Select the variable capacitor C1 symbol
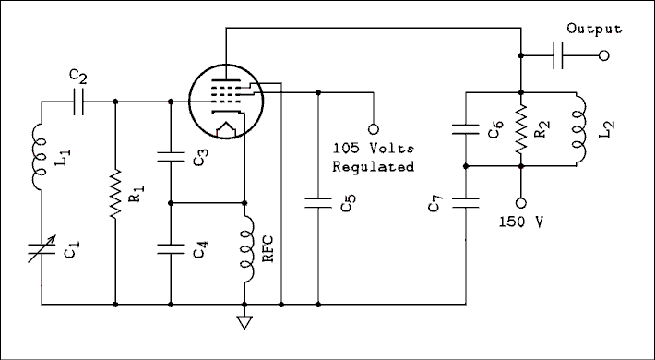[42, 246]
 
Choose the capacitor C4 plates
[171, 246]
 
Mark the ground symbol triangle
[244, 322]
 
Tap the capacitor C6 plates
[466, 129]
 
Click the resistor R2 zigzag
[522, 129]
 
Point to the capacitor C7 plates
[466, 201]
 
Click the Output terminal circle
[604, 56]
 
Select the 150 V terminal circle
[522, 202]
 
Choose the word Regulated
[373, 166]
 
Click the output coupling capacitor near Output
[558, 56]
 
